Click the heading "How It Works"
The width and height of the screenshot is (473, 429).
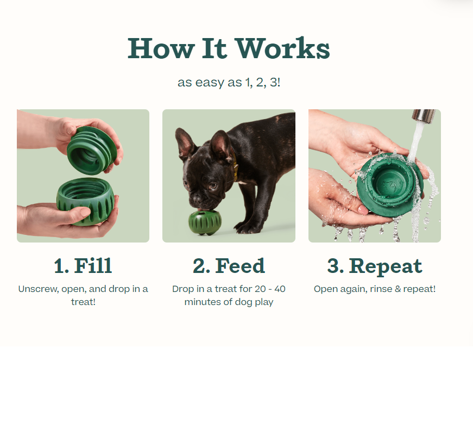pos(229,49)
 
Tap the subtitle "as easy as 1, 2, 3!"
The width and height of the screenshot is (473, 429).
pos(229,83)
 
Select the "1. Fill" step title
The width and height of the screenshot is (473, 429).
pos(83,266)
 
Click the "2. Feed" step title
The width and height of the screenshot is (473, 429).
pos(229,266)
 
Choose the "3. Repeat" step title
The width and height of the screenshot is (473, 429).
pos(374,266)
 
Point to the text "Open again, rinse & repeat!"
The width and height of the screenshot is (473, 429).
pos(374,289)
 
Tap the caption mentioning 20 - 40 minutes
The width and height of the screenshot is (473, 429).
pos(229,295)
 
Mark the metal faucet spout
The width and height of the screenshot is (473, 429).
pos(422,116)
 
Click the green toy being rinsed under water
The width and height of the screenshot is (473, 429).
pos(389,182)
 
